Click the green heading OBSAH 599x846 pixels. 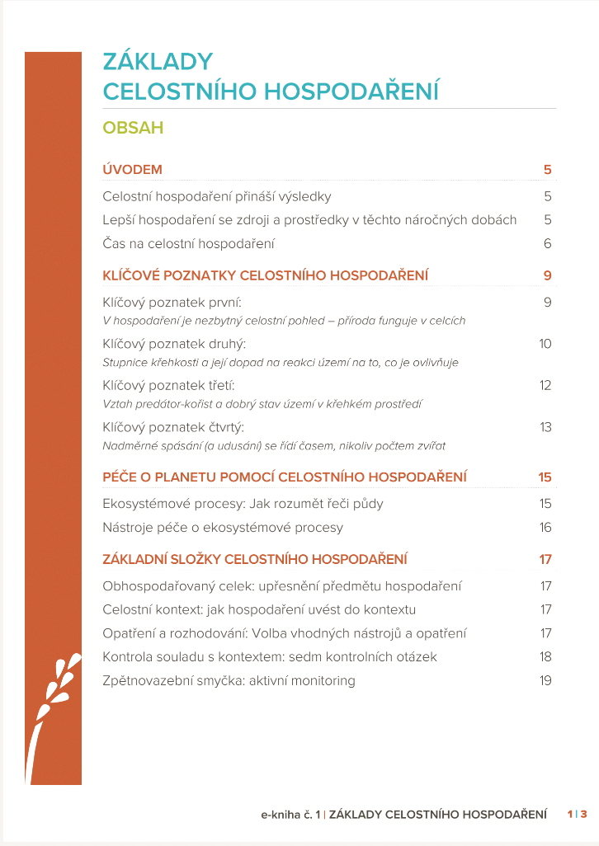tap(133, 128)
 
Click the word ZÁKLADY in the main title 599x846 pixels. tap(158, 62)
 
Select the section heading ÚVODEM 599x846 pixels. tap(132, 170)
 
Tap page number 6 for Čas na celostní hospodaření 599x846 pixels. tap(547, 244)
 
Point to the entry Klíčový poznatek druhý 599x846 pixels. tap(175, 344)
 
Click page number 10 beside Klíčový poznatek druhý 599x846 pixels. tap(545, 344)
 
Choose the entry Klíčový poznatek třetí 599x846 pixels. tap(169, 385)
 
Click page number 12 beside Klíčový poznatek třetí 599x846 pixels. tap(545, 385)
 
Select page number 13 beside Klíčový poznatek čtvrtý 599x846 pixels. tap(545, 427)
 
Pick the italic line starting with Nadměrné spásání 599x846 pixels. tap(274, 446)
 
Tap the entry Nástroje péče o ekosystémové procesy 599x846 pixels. tap(223, 528)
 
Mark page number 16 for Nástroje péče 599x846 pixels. tap(545, 528)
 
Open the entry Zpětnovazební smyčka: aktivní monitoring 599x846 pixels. tap(229, 681)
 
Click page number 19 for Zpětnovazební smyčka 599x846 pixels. tap(545, 681)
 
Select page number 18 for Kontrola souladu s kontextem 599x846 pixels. tap(545, 657)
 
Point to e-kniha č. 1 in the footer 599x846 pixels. tap(290, 815)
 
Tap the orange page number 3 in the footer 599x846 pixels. tap(583, 815)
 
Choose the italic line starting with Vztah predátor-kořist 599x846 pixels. tap(263, 404)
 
